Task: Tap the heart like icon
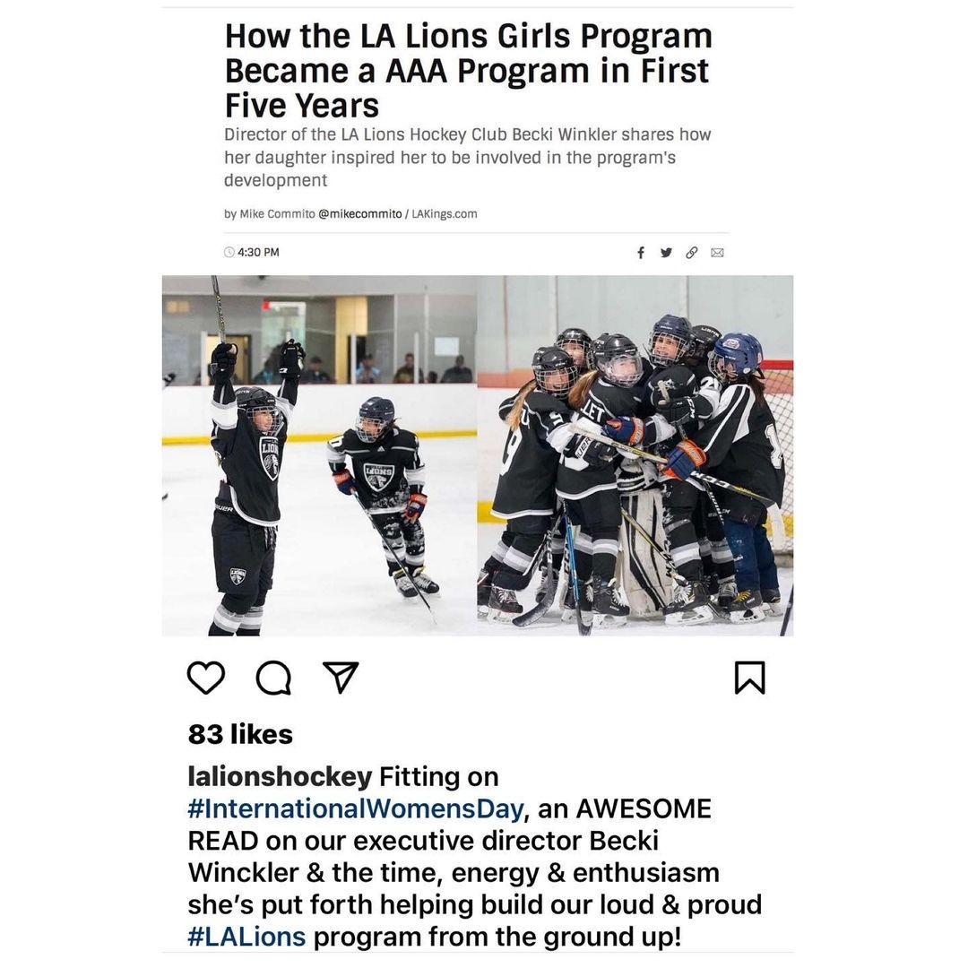pos(206,678)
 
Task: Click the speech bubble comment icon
pos(272,678)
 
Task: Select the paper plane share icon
pos(340,678)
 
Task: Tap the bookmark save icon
pos(749,678)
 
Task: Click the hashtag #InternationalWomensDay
pos(355,809)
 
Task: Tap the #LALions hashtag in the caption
pos(246,937)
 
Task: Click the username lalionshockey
pos(280,776)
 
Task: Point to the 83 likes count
pos(240,734)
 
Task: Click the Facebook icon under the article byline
pos(641,253)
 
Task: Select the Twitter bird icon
pos(666,253)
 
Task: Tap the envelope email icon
pos(717,253)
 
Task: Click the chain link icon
pos(691,253)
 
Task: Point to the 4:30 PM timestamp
pos(259,253)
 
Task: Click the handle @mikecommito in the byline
pos(359,214)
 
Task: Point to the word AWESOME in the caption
pos(644,809)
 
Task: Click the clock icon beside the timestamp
pos(229,253)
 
